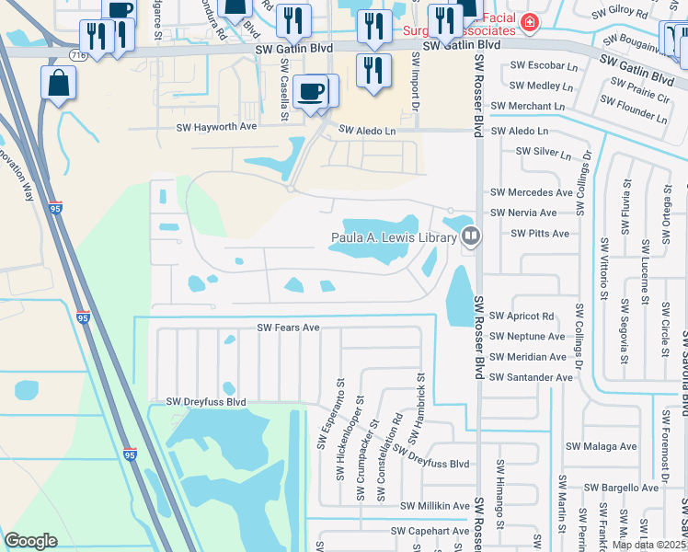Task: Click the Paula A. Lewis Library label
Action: coord(394,238)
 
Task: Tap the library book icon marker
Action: coord(471,237)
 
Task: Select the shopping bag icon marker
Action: coord(58,84)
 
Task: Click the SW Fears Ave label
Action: coord(288,328)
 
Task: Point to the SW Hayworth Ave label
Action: coord(223,128)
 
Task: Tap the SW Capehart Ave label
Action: coord(430,531)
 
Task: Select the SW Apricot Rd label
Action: coord(522,316)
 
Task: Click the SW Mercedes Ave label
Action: coord(531,192)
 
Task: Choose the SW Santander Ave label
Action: coord(532,377)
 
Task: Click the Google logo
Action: coord(30,541)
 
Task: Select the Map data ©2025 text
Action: coord(649,545)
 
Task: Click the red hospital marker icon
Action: coord(529,21)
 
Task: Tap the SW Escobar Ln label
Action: coord(527,66)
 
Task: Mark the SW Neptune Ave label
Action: coord(527,337)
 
